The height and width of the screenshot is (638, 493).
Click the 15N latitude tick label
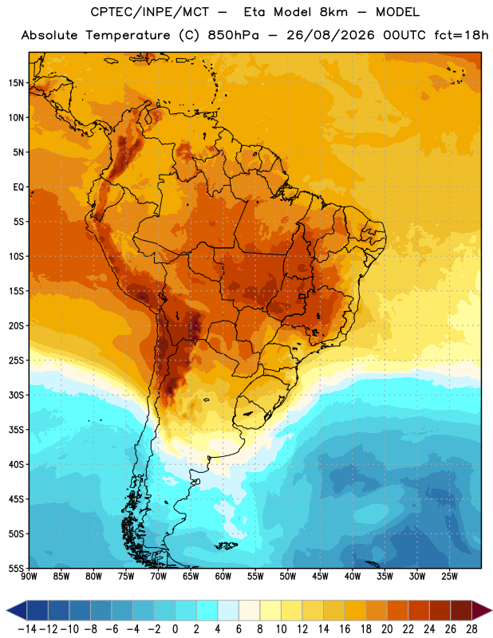[16, 83]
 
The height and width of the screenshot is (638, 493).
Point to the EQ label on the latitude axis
[18, 187]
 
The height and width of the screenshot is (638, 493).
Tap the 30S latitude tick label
[16, 395]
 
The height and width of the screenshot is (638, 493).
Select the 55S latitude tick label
[16, 569]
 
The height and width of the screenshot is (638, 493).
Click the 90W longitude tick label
[29, 576]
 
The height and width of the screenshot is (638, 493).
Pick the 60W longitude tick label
[223, 576]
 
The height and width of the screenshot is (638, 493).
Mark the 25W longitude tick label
[449, 576]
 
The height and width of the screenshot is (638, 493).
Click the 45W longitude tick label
[320, 576]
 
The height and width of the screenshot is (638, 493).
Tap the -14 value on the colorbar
[27, 629]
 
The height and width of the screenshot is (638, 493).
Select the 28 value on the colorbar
[471, 629]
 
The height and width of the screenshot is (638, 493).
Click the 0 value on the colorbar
[175, 629]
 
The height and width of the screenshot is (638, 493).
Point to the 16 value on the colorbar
[345, 629]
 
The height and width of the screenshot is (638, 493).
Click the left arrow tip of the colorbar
[6, 610]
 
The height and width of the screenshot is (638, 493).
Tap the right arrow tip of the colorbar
[491, 610]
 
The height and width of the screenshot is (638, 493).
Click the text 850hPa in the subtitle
[233, 35]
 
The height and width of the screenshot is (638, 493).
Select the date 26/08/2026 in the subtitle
[330, 35]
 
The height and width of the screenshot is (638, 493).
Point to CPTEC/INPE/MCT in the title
[149, 13]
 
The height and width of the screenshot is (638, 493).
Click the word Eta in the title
[254, 12]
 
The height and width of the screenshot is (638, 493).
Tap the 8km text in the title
[333, 12]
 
